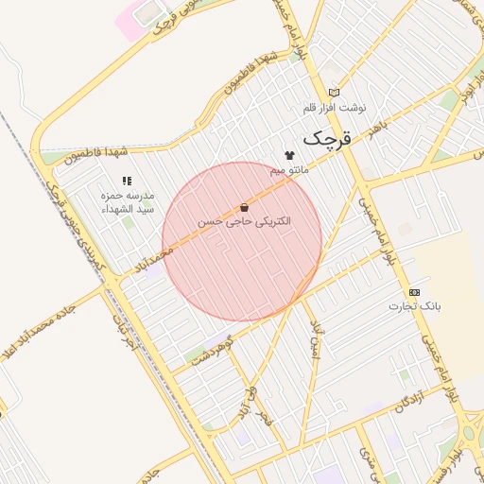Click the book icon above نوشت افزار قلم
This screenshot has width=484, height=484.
(333, 92)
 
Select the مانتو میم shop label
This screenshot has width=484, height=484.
(289, 170)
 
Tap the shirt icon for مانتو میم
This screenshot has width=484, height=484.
(288, 155)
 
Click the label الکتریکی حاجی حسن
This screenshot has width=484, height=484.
(244, 221)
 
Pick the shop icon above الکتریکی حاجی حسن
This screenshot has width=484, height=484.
(244, 207)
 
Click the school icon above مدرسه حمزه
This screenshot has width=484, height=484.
(126, 180)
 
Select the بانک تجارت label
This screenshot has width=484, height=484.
(415, 306)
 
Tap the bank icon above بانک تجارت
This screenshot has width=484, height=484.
(414, 292)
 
